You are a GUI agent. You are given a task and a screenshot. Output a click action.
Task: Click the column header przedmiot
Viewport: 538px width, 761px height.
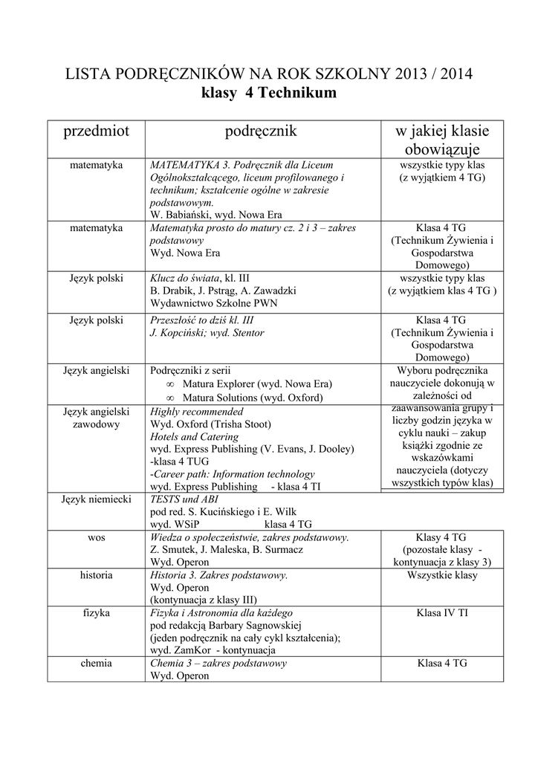coord(96,132)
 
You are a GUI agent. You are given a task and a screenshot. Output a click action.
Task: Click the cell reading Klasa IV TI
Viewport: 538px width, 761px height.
coord(441,612)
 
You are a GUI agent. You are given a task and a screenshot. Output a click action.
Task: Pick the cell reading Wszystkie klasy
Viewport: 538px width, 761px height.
coord(441,575)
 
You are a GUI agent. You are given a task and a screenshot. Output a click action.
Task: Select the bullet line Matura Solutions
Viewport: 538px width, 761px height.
coord(253,398)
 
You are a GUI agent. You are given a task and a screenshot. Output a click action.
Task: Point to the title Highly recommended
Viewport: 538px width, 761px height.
coord(196,411)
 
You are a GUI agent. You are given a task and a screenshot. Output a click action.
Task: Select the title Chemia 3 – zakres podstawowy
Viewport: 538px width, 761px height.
coord(218,663)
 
